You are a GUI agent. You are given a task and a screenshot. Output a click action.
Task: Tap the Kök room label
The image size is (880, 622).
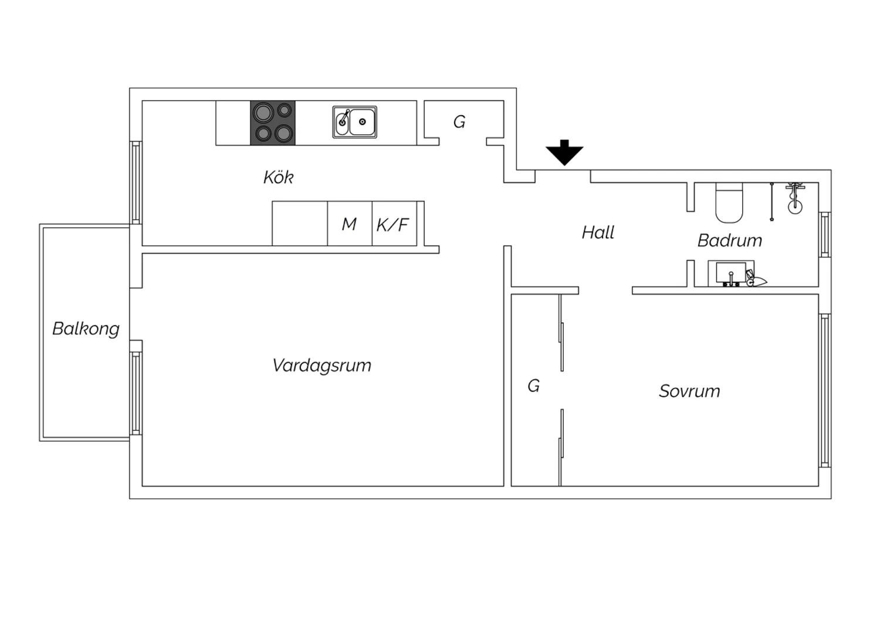[x=279, y=177]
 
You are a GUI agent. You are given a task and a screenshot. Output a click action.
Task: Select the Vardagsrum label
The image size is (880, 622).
[x=321, y=366]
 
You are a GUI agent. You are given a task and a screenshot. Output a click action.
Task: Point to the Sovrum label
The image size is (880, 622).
[x=689, y=391]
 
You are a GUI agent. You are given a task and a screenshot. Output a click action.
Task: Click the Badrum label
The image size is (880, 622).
[x=730, y=241]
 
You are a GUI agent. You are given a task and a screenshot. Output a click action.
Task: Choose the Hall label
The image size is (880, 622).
[x=598, y=232]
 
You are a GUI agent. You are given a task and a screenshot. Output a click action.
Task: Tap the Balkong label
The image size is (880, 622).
[x=86, y=329]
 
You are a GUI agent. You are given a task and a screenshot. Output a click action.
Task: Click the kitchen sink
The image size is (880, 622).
[x=355, y=122]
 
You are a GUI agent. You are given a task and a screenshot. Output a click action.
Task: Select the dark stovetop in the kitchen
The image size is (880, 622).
[x=273, y=123]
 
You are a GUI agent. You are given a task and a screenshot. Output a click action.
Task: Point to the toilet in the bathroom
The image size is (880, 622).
[x=729, y=202]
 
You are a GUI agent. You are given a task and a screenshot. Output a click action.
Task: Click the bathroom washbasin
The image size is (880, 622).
[x=731, y=273]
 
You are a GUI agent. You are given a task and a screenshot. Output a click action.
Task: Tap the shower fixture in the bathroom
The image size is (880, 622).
[x=795, y=198]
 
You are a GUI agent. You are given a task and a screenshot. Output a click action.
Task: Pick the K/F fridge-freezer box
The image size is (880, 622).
[x=394, y=224]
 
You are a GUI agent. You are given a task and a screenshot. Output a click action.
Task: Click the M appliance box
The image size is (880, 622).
[x=350, y=224]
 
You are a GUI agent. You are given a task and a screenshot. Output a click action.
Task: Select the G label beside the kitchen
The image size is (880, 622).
[x=459, y=122]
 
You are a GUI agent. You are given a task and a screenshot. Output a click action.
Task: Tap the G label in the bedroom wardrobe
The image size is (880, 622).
[x=533, y=386]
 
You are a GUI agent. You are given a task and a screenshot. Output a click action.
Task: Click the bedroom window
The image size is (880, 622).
[x=825, y=390]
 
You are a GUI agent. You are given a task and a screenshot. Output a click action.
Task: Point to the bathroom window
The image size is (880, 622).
[x=825, y=235]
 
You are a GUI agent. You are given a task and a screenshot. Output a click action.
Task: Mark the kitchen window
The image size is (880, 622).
[x=136, y=182]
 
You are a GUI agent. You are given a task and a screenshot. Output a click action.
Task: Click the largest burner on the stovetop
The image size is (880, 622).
[x=263, y=113]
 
